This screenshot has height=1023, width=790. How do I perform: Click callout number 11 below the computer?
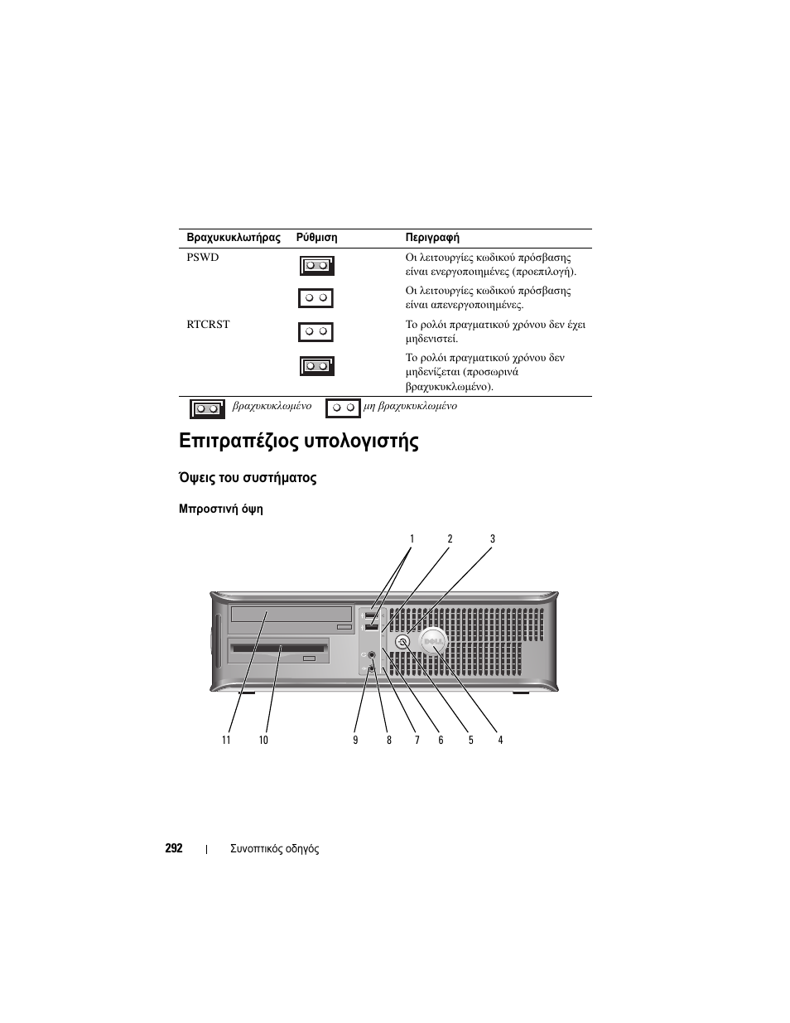(x=226, y=740)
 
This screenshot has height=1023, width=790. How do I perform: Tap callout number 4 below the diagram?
(x=500, y=740)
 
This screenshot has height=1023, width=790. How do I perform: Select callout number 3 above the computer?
(x=492, y=539)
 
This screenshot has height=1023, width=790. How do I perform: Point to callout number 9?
(x=355, y=740)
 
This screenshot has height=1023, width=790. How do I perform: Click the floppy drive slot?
(x=280, y=646)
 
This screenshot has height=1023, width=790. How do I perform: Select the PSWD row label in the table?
(x=203, y=258)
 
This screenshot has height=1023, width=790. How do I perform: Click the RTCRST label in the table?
(x=208, y=325)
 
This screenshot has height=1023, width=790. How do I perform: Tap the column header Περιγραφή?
(x=432, y=238)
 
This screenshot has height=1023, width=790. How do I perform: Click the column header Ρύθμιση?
(x=316, y=238)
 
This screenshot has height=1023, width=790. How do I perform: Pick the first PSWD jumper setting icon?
(x=316, y=266)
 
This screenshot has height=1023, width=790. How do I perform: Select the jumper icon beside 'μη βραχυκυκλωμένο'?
(x=343, y=408)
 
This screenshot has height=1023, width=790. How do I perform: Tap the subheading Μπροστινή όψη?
(x=220, y=509)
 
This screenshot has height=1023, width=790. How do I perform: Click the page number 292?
(x=174, y=848)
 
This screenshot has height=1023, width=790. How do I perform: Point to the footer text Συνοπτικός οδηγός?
(x=274, y=848)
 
